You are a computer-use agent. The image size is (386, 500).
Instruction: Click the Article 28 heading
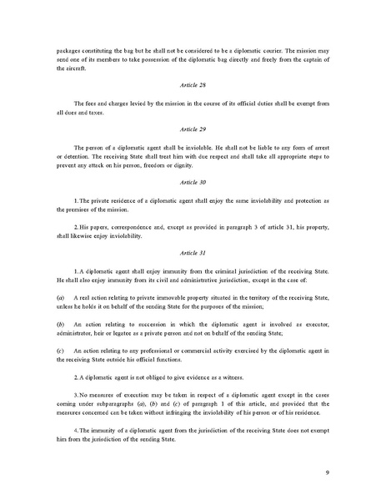tap(193, 85)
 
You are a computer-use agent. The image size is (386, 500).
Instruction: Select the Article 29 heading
tap(193, 129)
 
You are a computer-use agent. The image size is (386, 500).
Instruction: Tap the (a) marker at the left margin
tap(60, 297)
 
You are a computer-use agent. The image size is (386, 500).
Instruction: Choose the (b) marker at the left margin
tap(60, 321)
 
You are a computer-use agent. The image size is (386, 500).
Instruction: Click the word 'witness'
tap(249, 376)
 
